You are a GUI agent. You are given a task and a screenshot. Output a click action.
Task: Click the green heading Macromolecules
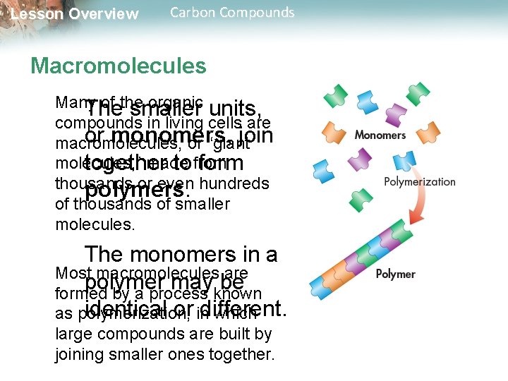(118, 66)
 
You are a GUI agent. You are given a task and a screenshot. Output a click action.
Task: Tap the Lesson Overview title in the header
(74, 14)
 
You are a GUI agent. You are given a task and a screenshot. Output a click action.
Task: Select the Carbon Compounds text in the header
(232, 13)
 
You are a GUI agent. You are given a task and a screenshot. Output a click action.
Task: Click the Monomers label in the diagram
(380, 135)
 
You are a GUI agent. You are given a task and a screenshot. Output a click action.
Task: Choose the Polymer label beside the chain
(395, 274)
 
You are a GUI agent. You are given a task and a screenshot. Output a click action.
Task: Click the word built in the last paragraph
(234, 334)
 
